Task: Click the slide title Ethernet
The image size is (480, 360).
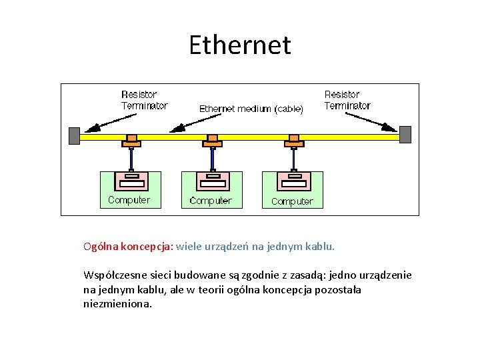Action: click(x=240, y=45)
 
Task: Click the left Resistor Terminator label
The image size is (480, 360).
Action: click(x=144, y=100)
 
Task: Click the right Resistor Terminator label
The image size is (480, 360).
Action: click(x=347, y=100)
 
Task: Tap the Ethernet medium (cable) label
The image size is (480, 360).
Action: click(x=251, y=109)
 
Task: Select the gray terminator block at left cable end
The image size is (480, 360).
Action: click(x=74, y=135)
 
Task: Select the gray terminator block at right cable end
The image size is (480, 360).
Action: click(x=405, y=134)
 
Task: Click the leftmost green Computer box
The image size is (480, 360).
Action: click(x=130, y=189)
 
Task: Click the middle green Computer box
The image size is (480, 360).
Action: click(x=211, y=189)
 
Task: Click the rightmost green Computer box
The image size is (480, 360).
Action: click(x=293, y=189)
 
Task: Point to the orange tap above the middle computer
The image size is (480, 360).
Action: click(x=213, y=140)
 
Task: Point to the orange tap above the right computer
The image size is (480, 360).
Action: click(x=294, y=140)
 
